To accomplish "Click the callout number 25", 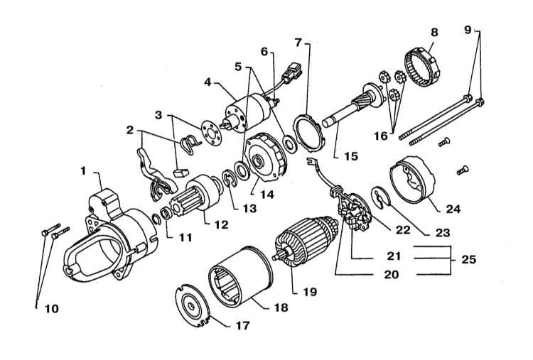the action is tap(469, 259).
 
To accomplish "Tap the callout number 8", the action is tap(434, 32).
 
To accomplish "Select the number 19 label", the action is tap(310, 292).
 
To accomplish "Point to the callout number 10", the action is tap(52, 309).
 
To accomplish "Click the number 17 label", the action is tap(243, 325).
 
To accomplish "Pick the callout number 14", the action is tap(267, 195).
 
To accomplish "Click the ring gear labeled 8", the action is tap(423, 66).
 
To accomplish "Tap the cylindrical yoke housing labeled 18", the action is tap(241, 277).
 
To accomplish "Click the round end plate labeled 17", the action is tap(193, 305).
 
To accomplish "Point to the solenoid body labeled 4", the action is tap(248, 112).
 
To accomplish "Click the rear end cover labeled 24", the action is tap(413, 180).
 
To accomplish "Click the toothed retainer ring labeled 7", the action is tap(309, 133).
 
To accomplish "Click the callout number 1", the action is tap(83, 171).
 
